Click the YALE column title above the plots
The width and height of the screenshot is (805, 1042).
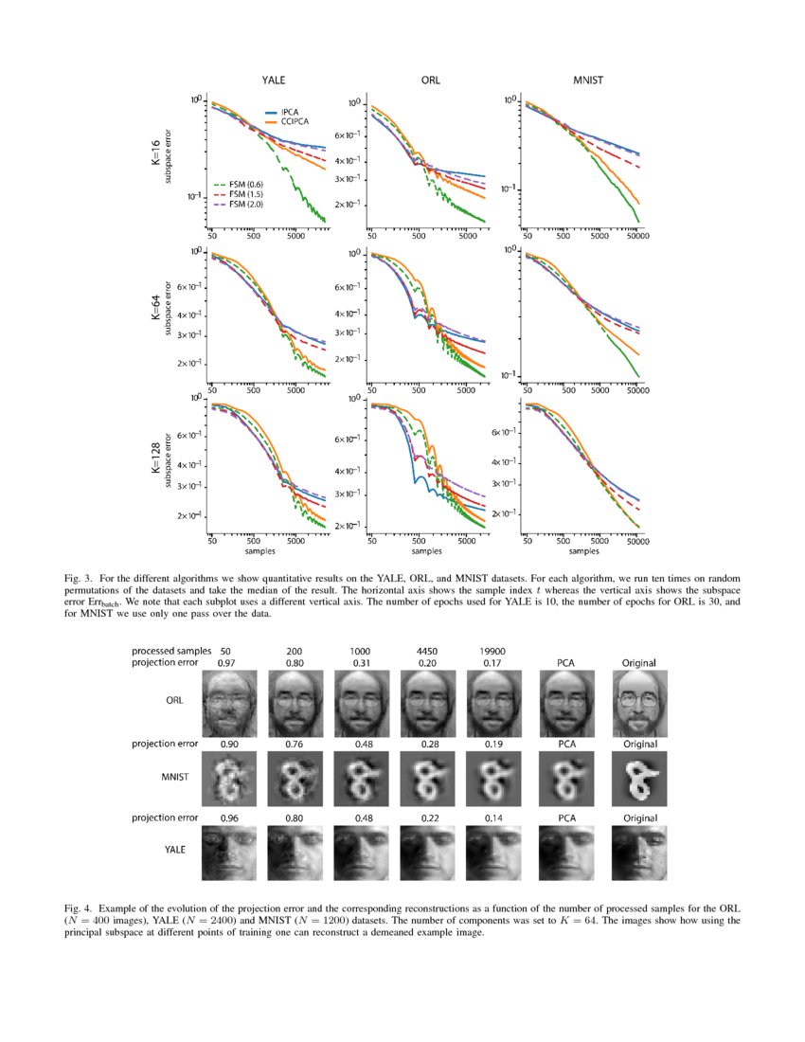pyautogui.click(x=274, y=81)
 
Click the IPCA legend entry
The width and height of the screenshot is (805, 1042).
pyautogui.click(x=291, y=112)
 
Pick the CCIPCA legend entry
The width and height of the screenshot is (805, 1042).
pyautogui.click(x=295, y=121)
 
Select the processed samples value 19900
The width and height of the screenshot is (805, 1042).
pyautogui.click(x=490, y=652)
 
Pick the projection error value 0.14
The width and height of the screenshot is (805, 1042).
pyautogui.click(x=490, y=817)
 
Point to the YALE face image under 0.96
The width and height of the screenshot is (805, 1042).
pyautogui.click(x=227, y=851)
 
